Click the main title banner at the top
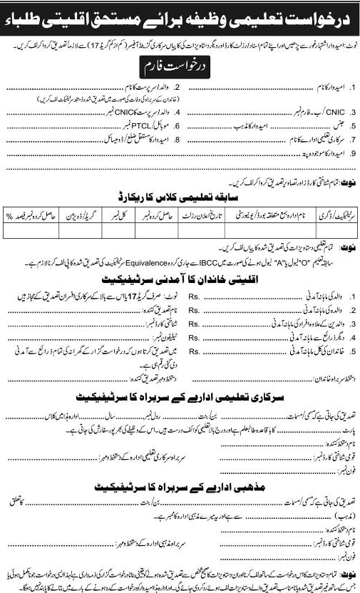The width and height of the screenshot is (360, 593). tap(180, 21)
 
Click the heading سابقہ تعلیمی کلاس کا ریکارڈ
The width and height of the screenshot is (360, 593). tap(180, 192)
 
